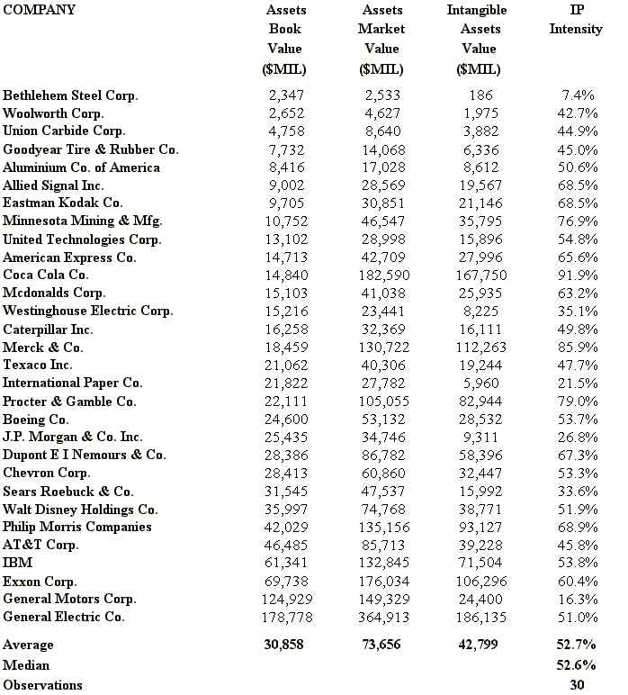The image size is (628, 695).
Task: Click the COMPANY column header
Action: (39, 11)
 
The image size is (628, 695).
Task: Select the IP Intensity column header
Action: (575, 20)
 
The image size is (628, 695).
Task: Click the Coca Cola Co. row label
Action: (46, 275)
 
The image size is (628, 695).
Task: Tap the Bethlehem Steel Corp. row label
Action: (71, 95)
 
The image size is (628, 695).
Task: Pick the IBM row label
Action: (17, 563)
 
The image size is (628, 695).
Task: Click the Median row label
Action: (26, 665)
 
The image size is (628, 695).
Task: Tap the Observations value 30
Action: (578, 685)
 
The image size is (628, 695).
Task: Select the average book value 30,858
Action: (285, 645)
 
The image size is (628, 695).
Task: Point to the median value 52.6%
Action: (577, 665)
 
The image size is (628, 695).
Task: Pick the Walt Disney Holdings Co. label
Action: (80, 509)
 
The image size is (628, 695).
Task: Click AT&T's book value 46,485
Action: (287, 545)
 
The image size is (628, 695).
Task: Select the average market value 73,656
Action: (381, 645)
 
